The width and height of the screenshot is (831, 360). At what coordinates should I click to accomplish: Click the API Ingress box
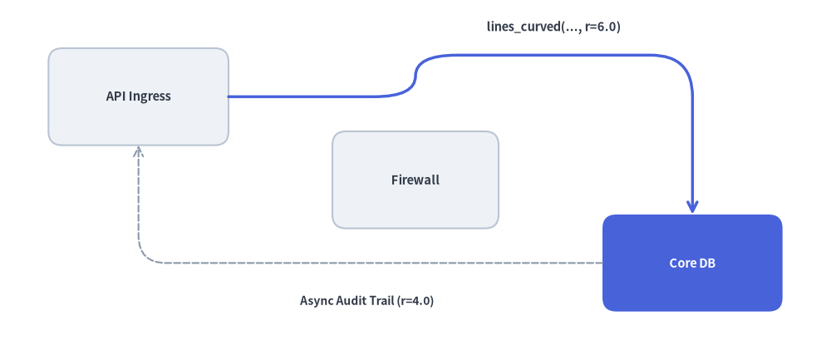pos(138,96)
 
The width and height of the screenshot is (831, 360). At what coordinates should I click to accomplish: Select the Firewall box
pos(415,180)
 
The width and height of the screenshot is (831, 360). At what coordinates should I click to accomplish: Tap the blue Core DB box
pos(692,263)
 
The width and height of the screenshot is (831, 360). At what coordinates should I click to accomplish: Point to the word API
pos(116,96)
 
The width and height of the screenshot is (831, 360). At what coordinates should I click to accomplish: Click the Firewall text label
pos(415,180)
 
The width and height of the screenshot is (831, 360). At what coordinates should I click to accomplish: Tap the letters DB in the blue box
pos(709,263)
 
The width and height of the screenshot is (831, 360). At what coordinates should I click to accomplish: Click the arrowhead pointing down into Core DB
pos(692,207)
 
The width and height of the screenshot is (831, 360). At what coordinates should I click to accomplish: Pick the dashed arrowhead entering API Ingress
pos(138,151)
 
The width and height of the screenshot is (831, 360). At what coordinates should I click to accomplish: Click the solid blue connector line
pos(530,55)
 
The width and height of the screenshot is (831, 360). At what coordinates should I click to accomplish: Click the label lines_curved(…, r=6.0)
pos(553,27)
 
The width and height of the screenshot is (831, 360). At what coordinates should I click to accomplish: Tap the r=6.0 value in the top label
pos(602,27)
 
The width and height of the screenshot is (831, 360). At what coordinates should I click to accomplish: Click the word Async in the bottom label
pos(317,301)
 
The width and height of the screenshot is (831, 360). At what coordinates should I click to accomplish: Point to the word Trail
pos(383,301)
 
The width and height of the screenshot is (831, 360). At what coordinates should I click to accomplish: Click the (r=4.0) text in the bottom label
pos(415,301)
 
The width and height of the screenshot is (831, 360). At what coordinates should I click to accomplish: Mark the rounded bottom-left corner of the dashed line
pos(144,257)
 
